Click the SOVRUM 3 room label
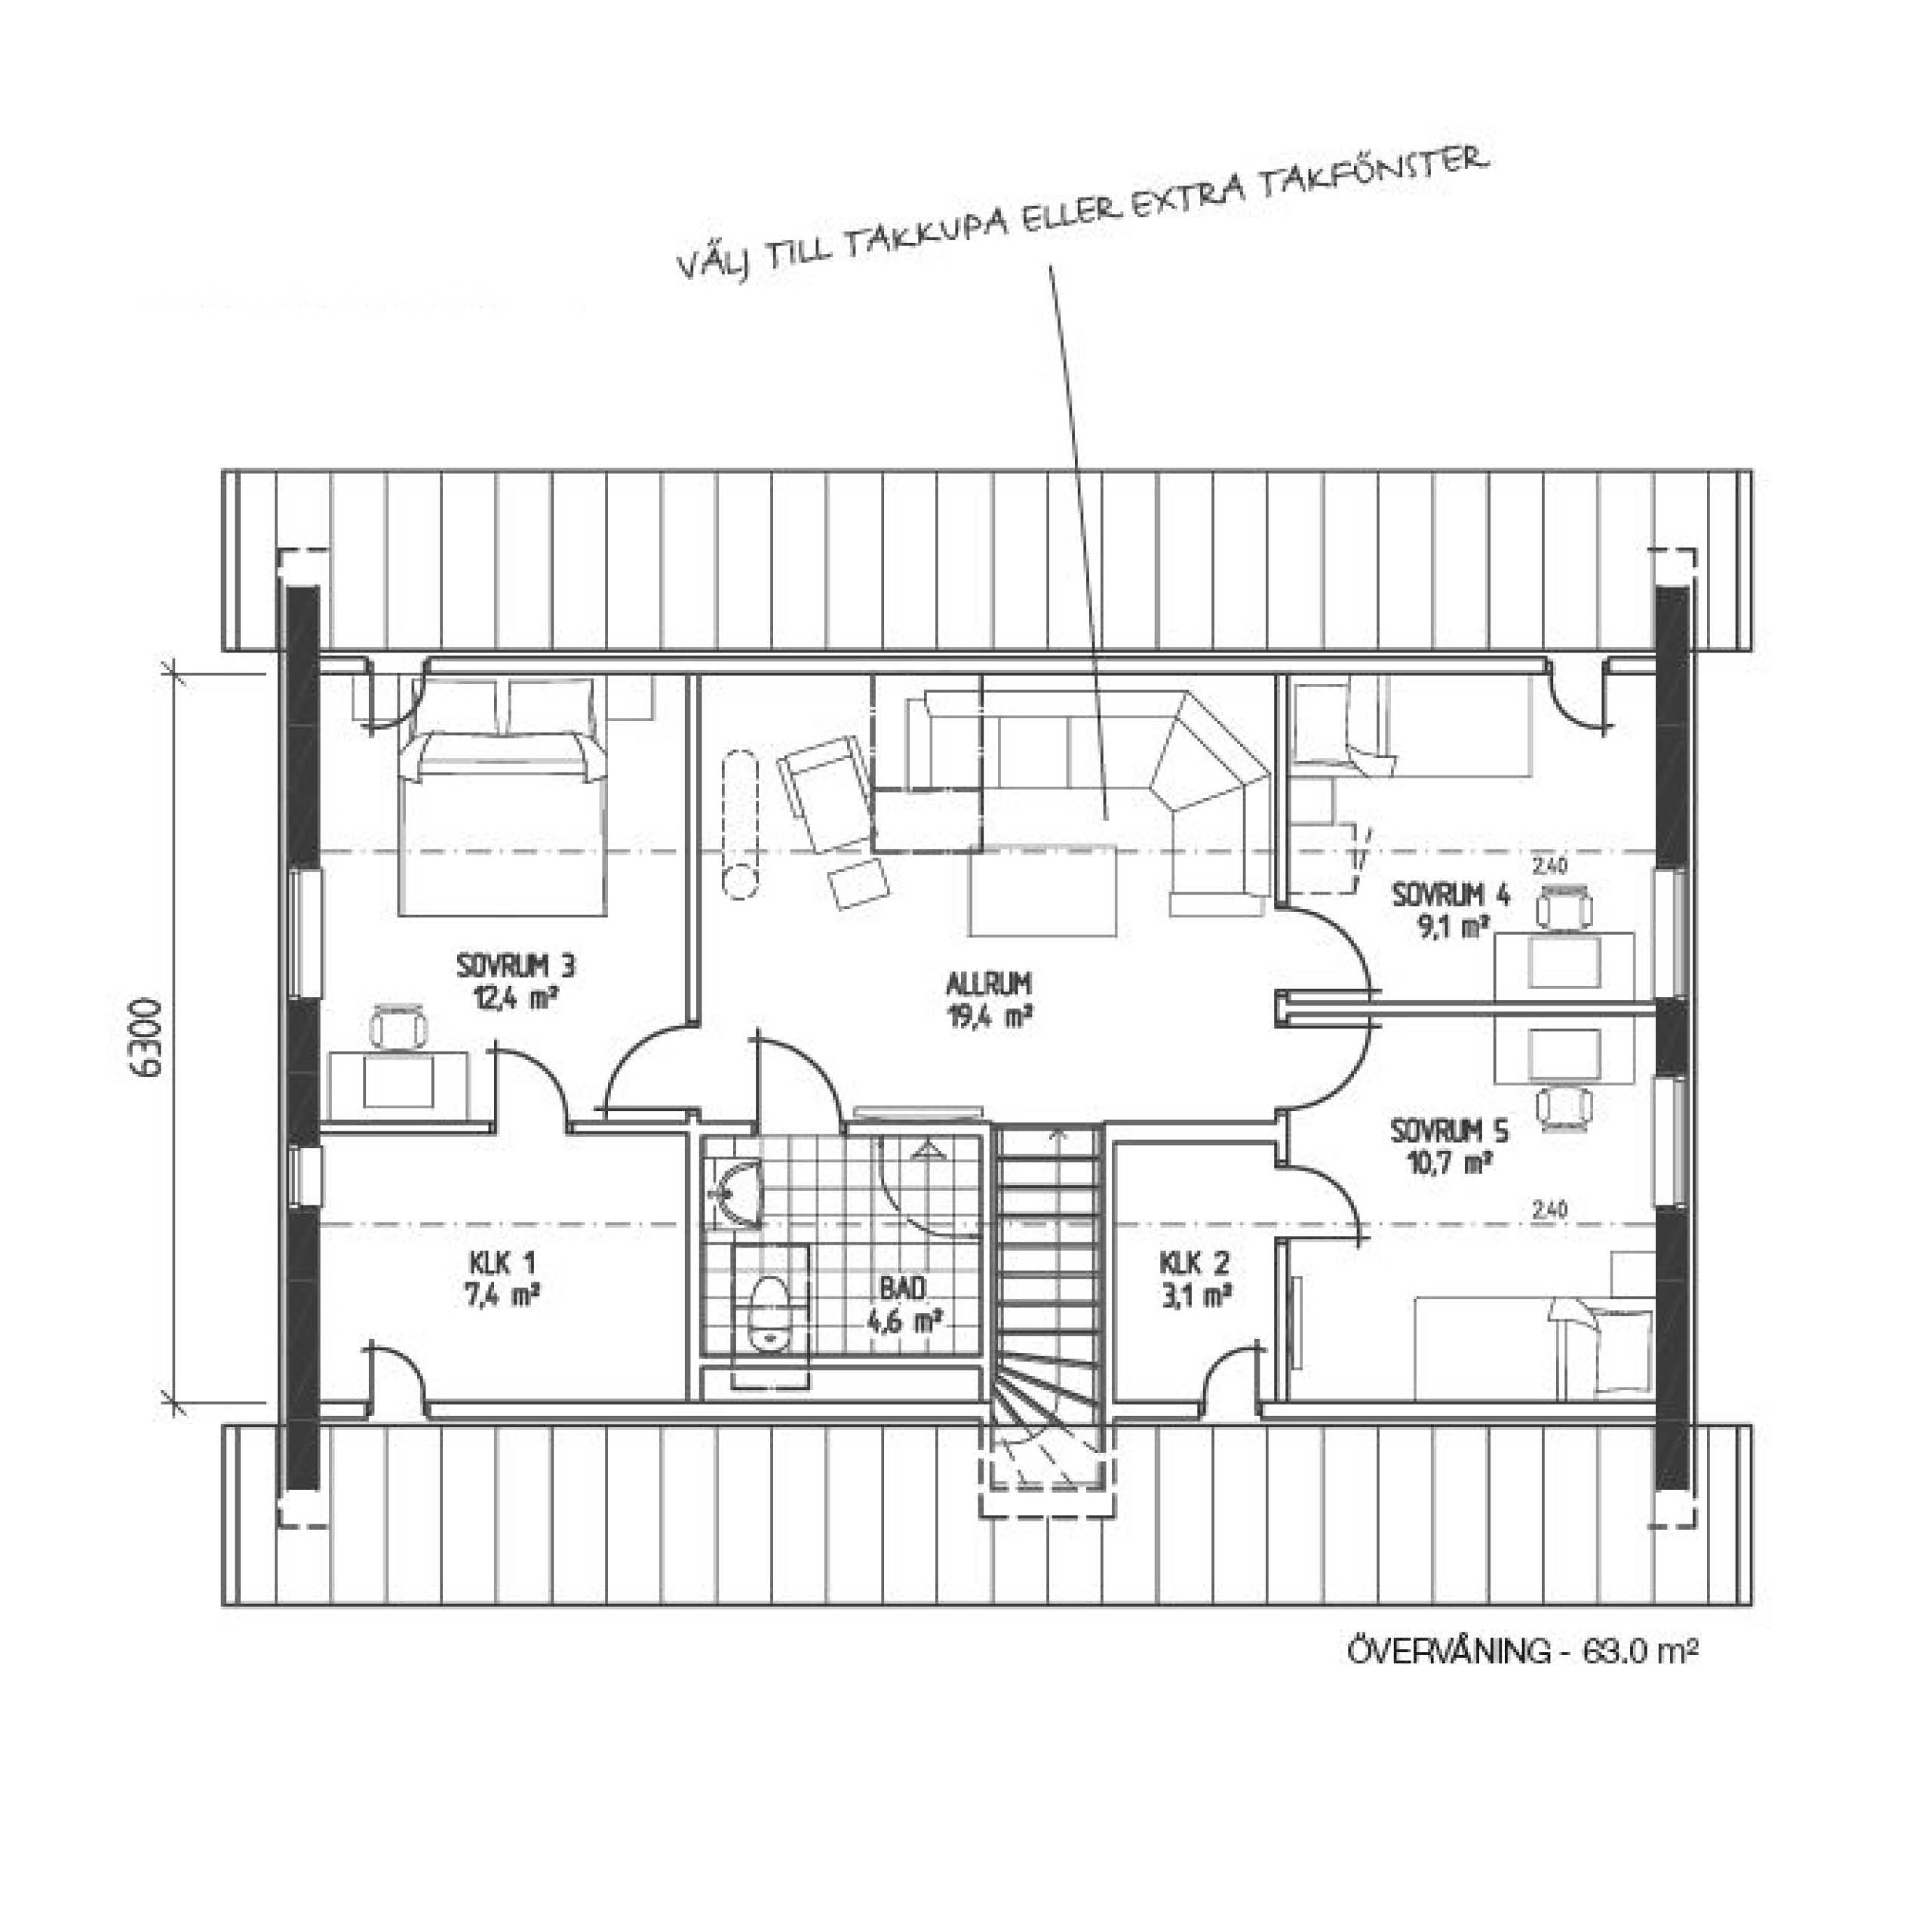(x=516, y=966)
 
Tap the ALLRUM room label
(x=987, y=984)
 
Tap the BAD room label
(x=903, y=1288)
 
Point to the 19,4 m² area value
(x=987, y=1018)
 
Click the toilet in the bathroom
(x=769, y=1317)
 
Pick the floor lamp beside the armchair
(x=741, y=824)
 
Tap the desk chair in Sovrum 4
(x=1565, y=907)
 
